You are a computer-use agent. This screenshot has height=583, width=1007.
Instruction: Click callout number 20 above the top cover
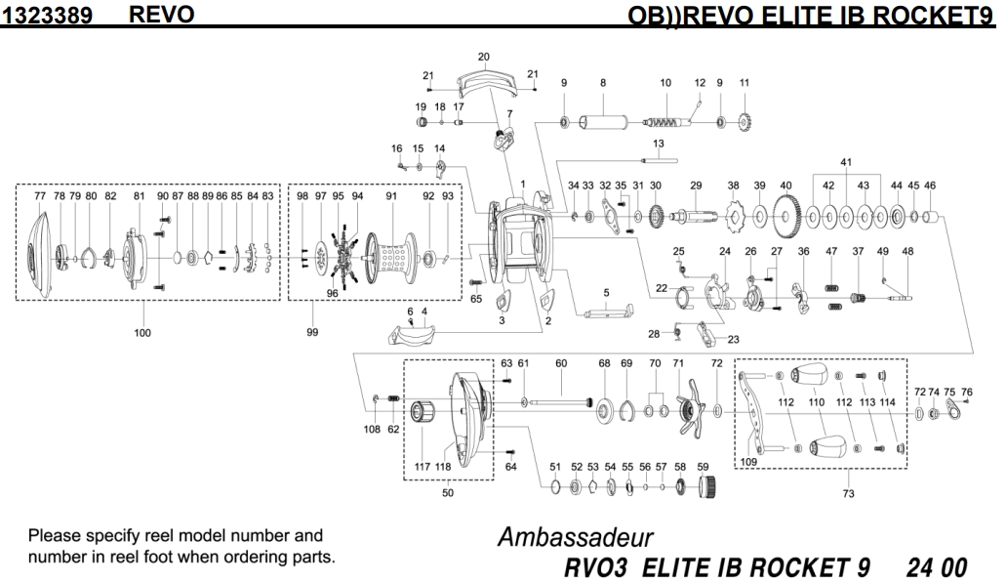click(x=484, y=57)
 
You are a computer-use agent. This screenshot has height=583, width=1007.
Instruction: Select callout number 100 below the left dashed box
click(x=143, y=332)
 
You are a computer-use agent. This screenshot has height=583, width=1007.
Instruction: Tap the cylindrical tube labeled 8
click(x=604, y=122)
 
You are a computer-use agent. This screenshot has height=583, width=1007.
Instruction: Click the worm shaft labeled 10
click(x=668, y=122)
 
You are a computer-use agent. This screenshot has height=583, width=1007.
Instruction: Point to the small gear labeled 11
click(x=745, y=123)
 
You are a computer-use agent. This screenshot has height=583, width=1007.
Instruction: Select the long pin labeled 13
click(x=659, y=159)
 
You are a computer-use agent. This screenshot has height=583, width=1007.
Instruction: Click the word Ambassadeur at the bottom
click(x=575, y=538)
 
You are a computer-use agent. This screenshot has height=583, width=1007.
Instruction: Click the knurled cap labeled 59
click(x=708, y=485)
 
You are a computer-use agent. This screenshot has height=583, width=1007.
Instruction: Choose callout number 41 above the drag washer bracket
click(x=846, y=162)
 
